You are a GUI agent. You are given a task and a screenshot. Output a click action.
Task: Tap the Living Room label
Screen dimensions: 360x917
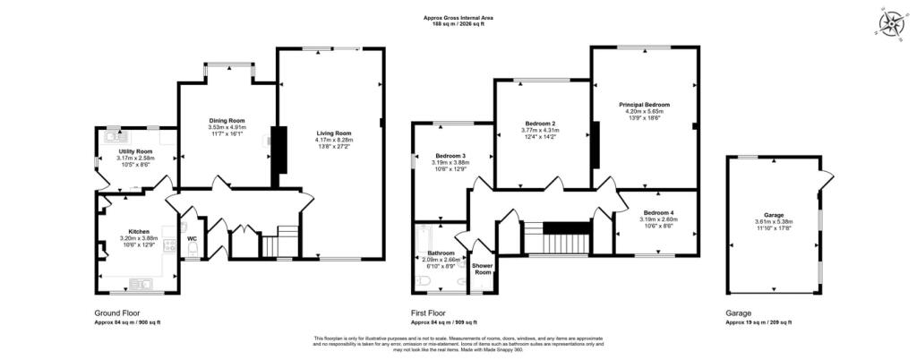click(x=334, y=133)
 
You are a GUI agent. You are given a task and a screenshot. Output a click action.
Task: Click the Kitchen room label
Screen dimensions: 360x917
click(x=138, y=230)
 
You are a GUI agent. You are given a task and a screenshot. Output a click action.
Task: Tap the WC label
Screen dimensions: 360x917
click(x=192, y=238)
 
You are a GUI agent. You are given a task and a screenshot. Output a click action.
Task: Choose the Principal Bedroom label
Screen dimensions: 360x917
click(x=644, y=105)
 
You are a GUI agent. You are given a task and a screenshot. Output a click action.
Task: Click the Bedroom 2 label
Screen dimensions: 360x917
click(x=540, y=123)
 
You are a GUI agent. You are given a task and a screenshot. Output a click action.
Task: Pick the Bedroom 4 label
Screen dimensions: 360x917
click(x=657, y=213)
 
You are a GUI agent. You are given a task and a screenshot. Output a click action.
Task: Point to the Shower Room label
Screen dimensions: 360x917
click(x=484, y=269)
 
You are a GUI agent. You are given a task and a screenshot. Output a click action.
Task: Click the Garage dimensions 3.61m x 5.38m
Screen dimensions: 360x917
click(x=774, y=221)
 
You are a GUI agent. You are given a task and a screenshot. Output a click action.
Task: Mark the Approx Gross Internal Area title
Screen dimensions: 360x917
click(x=458, y=18)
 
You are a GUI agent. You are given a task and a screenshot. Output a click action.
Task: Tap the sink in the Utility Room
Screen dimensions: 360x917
click(x=114, y=134)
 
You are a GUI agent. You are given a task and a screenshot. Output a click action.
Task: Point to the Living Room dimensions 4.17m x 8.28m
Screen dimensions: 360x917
click(x=334, y=140)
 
